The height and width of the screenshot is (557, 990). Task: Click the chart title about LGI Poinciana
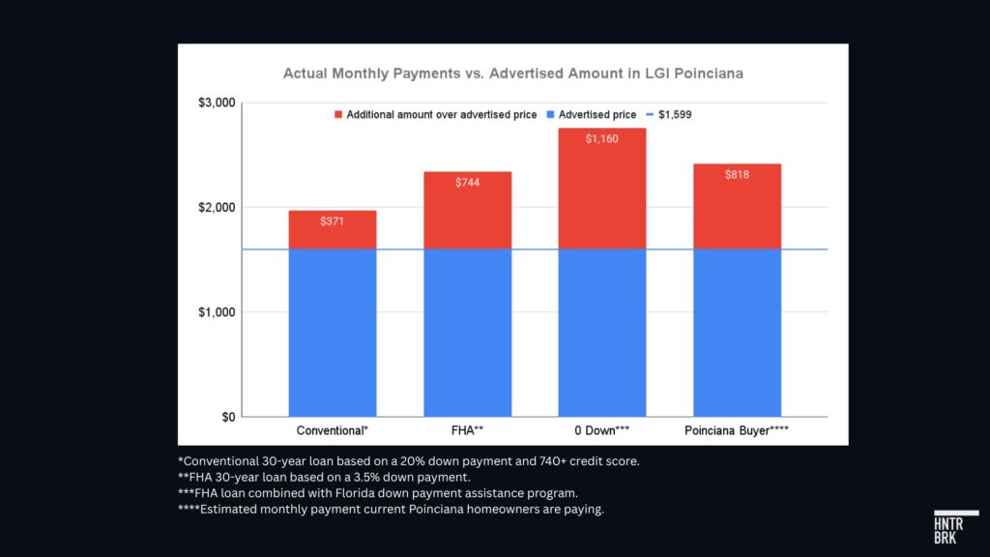pos(512,73)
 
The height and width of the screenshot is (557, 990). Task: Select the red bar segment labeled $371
pos(332,230)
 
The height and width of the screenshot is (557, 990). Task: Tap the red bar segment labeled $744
pos(467,210)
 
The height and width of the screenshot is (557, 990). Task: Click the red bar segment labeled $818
pos(737,206)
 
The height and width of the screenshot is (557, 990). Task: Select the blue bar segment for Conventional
pos(332,333)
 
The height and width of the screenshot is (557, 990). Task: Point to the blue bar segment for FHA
pos(467,333)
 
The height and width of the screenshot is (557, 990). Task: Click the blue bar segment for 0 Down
pos(601,333)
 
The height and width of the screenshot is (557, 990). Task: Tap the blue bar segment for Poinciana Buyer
pos(737,333)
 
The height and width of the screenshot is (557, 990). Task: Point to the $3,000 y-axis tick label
pos(214,103)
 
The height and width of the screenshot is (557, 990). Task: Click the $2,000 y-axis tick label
pos(214,207)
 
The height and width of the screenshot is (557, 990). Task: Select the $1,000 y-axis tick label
pos(214,312)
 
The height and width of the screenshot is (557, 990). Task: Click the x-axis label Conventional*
pos(332,429)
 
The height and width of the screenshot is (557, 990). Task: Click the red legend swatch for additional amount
pos(338,114)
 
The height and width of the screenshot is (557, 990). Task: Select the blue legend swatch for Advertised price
pos(551,114)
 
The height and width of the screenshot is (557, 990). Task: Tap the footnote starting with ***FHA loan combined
pos(378,493)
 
